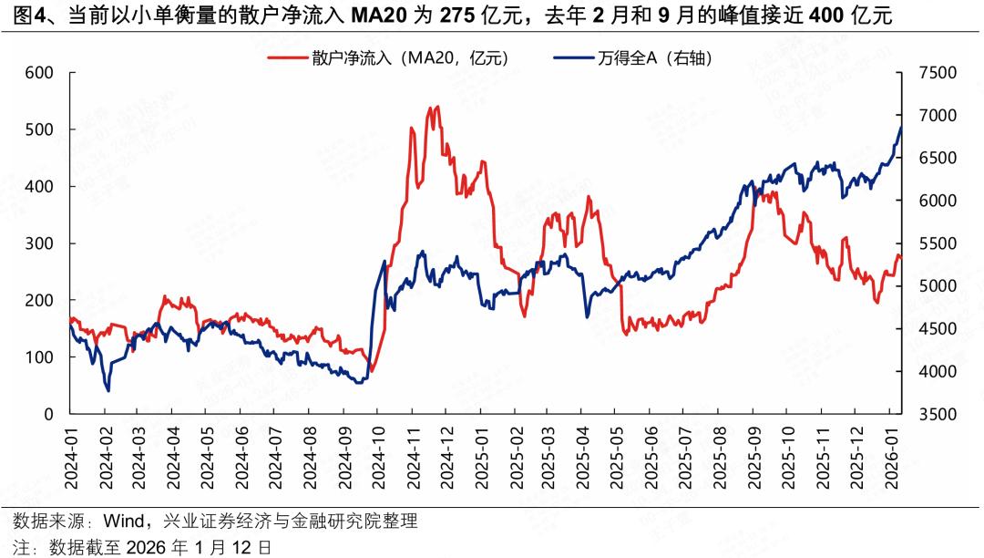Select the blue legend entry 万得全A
pos(655,57)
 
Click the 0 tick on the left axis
pos(49,414)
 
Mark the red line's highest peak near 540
pos(437,107)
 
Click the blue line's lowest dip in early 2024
pos(108,390)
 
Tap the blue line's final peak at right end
pos(900,128)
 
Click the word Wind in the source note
pos(124,522)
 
